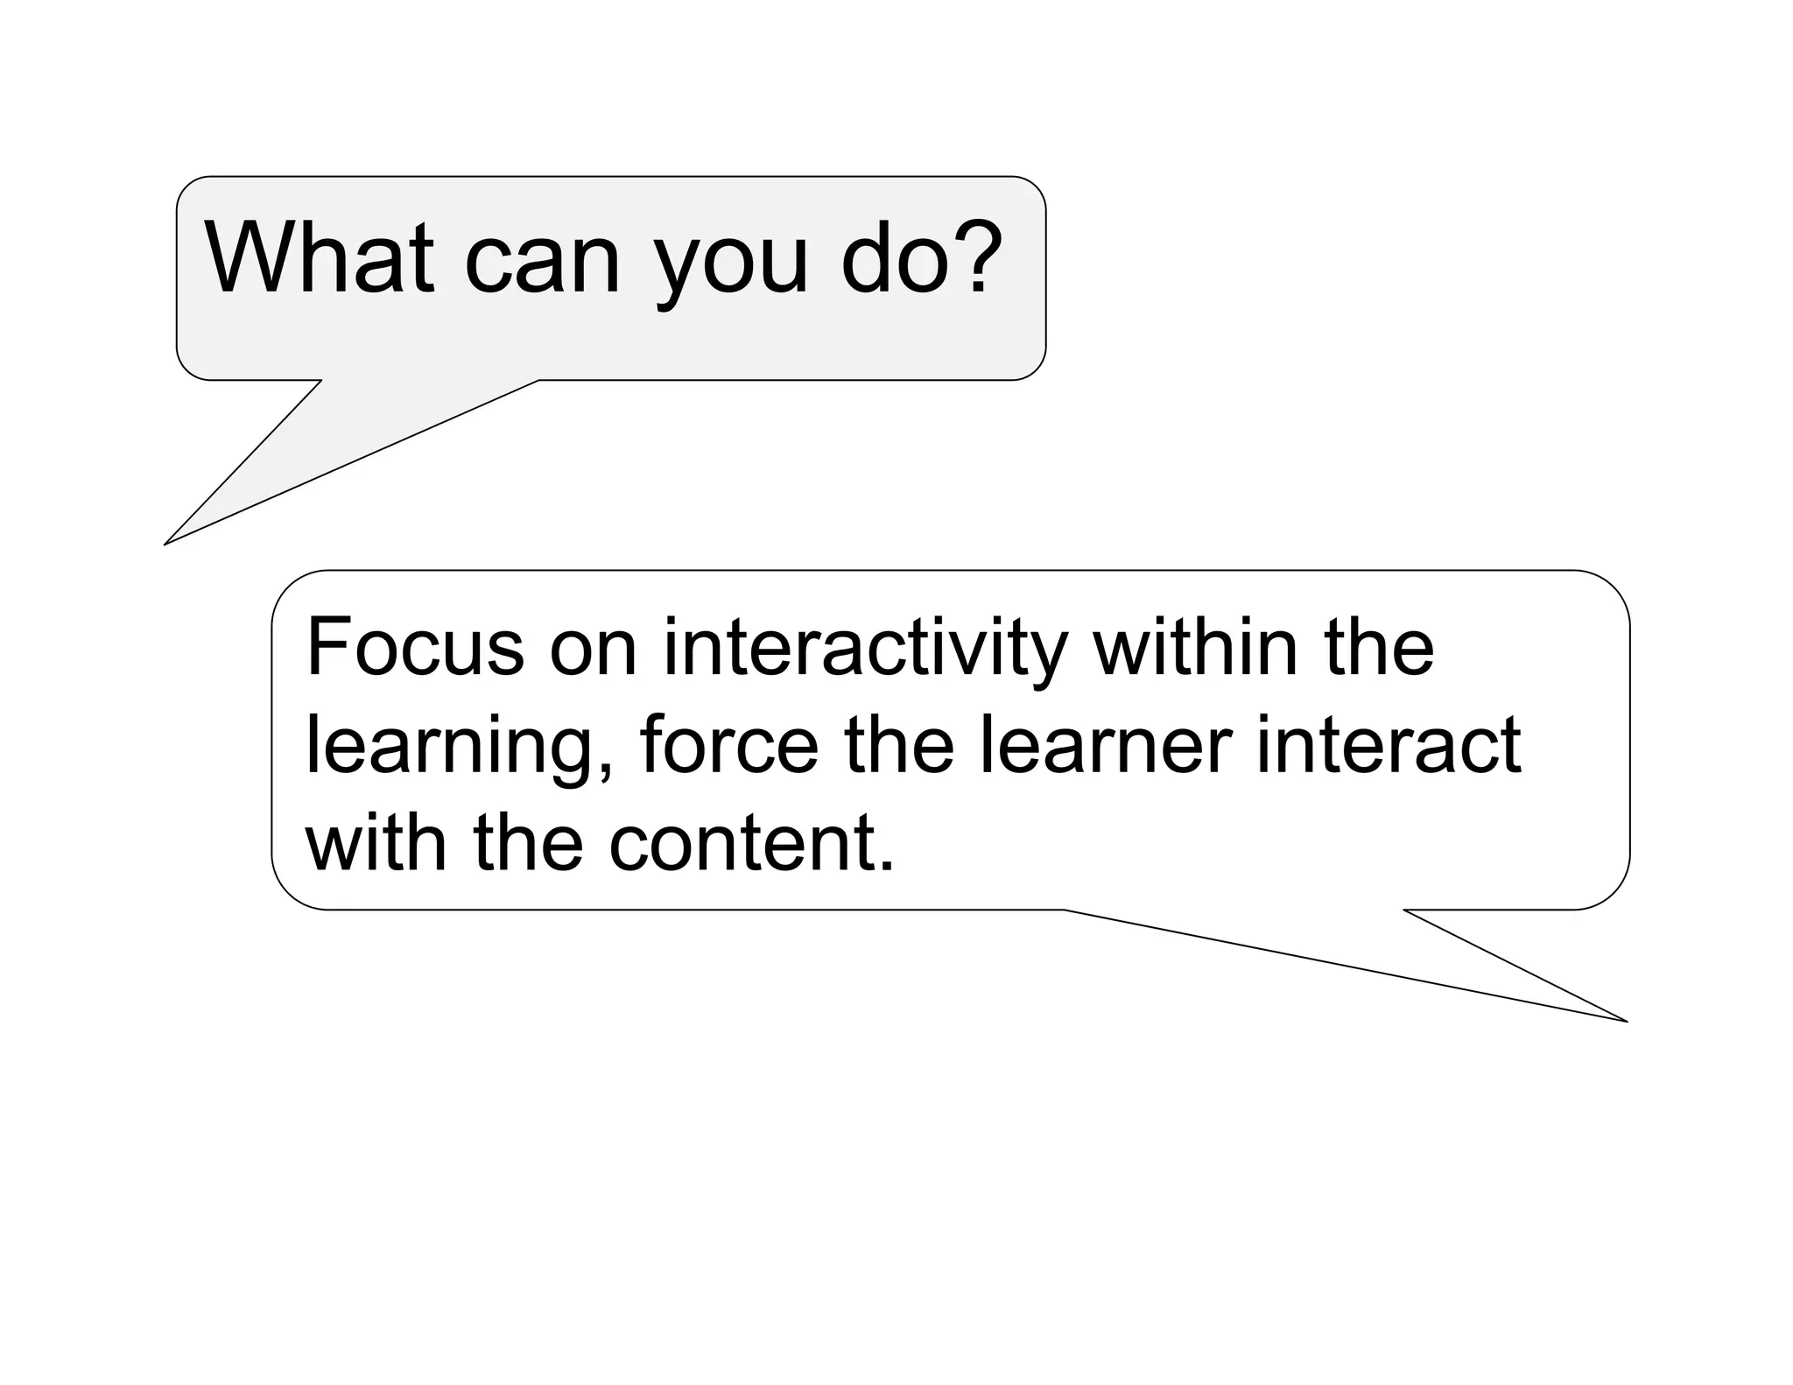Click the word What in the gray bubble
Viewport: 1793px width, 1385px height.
click(x=319, y=257)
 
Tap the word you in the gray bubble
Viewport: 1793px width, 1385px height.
click(x=730, y=266)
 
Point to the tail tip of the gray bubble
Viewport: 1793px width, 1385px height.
click(x=165, y=544)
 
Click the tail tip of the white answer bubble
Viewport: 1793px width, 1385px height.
click(x=1625, y=1021)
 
